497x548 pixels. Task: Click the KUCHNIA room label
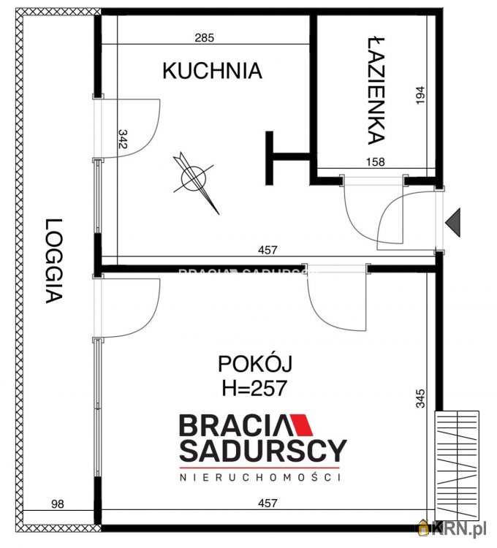212,71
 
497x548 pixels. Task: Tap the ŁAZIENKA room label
376,89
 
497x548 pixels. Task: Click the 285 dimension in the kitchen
205,38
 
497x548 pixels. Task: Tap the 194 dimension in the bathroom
419,95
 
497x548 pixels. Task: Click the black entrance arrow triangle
455,221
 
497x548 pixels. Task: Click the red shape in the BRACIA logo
300,425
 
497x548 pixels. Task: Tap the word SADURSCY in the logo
263,450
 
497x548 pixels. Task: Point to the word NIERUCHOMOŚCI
262,477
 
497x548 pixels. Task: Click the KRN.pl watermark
453,528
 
